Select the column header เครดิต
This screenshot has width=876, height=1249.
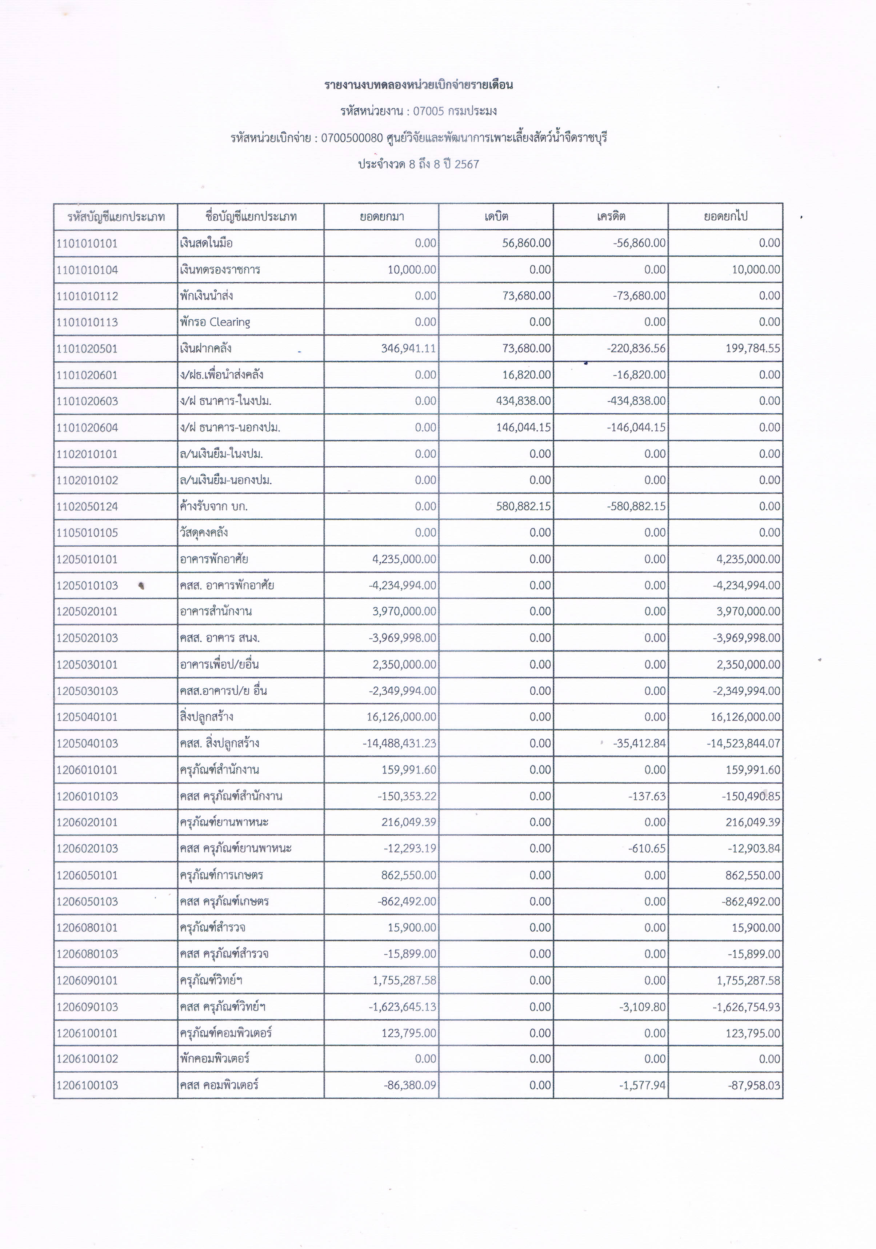coord(611,217)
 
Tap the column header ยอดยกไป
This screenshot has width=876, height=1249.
coord(725,217)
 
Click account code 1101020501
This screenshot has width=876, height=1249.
coord(87,349)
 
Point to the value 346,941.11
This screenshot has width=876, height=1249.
coord(409,349)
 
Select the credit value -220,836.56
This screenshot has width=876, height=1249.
coord(636,349)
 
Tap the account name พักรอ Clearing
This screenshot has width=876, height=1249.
coord(215,322)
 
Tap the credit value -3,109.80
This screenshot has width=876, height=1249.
coord(642,1007)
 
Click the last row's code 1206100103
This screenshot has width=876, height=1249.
coord(87,1085)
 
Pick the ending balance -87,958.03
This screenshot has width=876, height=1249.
coord(754,1085)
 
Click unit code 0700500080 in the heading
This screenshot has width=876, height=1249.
coord(352,138)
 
